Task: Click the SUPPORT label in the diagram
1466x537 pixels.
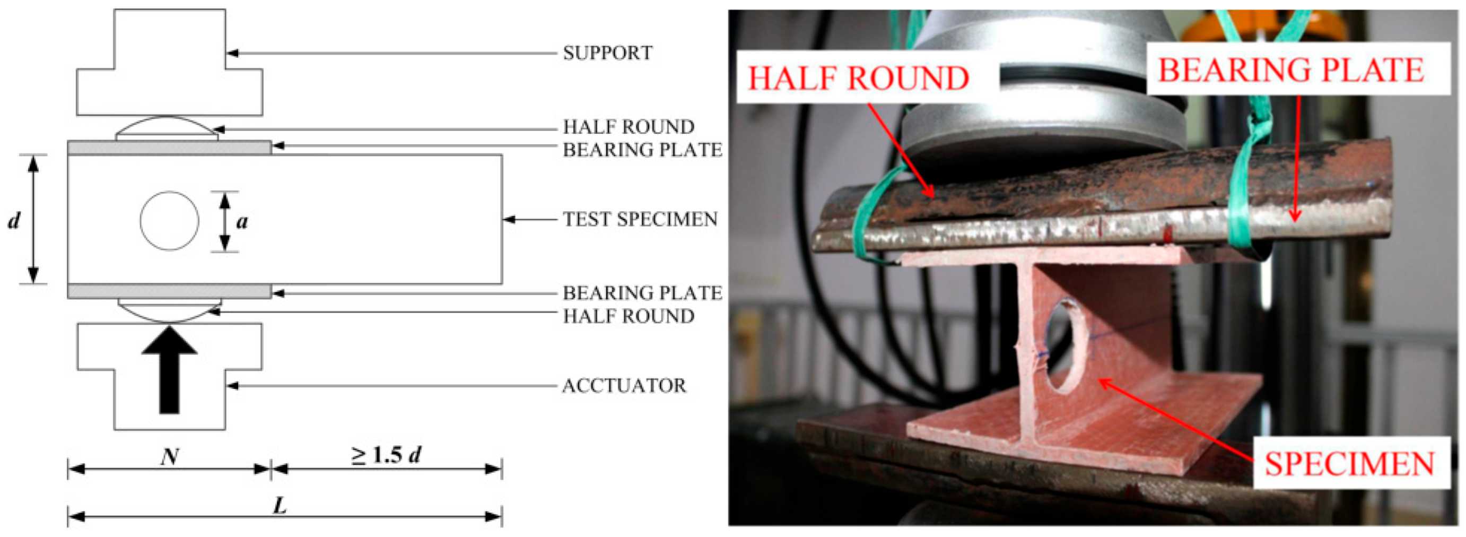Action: point(607,53)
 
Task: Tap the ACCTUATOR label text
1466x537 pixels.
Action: point(624,386)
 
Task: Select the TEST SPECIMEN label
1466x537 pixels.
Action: point(640,219)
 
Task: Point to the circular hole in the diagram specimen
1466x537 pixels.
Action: point(170,220)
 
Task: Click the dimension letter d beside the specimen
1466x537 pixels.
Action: point(14,220)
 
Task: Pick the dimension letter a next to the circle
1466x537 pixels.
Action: point(242,221)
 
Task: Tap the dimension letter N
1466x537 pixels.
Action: point(170,456)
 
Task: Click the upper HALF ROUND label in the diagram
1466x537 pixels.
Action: point(629,126)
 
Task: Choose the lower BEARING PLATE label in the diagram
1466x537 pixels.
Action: point(642,293)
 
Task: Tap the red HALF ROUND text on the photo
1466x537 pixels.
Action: point(858,78)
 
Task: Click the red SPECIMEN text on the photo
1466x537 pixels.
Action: point(1349,464)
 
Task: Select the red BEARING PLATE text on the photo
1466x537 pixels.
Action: point(1291,70)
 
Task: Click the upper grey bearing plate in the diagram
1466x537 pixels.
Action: point(170,148)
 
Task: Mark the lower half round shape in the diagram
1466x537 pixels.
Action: point(170,310)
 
